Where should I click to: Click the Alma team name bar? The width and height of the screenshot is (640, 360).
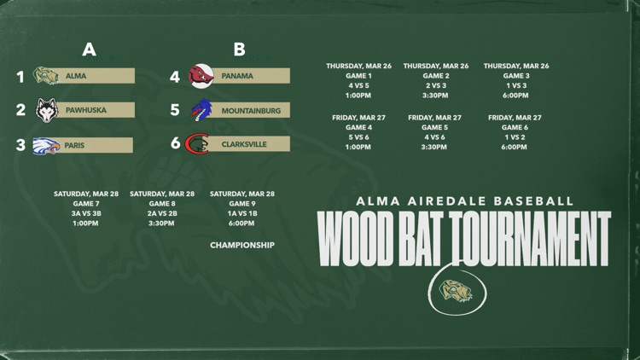point(95,76)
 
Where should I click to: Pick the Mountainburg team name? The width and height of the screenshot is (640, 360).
point(249,110)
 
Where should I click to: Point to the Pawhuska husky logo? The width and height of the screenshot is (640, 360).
point(46,110)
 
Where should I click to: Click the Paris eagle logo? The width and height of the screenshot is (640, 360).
point(46,145)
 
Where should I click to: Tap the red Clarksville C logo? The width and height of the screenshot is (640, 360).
point(198,143)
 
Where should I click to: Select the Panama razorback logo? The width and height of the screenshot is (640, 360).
point(201,76)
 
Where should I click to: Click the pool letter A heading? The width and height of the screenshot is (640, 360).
point(89,49)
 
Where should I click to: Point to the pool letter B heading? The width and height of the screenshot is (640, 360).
point(240,49)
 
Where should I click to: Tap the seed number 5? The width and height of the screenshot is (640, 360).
point(175,110)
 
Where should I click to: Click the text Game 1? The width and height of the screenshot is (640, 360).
point(358,76)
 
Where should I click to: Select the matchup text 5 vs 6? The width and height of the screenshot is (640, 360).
point(358,136)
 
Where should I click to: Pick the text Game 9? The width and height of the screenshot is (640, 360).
point(241,204)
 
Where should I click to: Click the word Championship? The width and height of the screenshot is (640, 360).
point(242,246)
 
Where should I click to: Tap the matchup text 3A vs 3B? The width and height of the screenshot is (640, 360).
point(85,214)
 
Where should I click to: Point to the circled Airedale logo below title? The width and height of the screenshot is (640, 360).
point(457,290)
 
